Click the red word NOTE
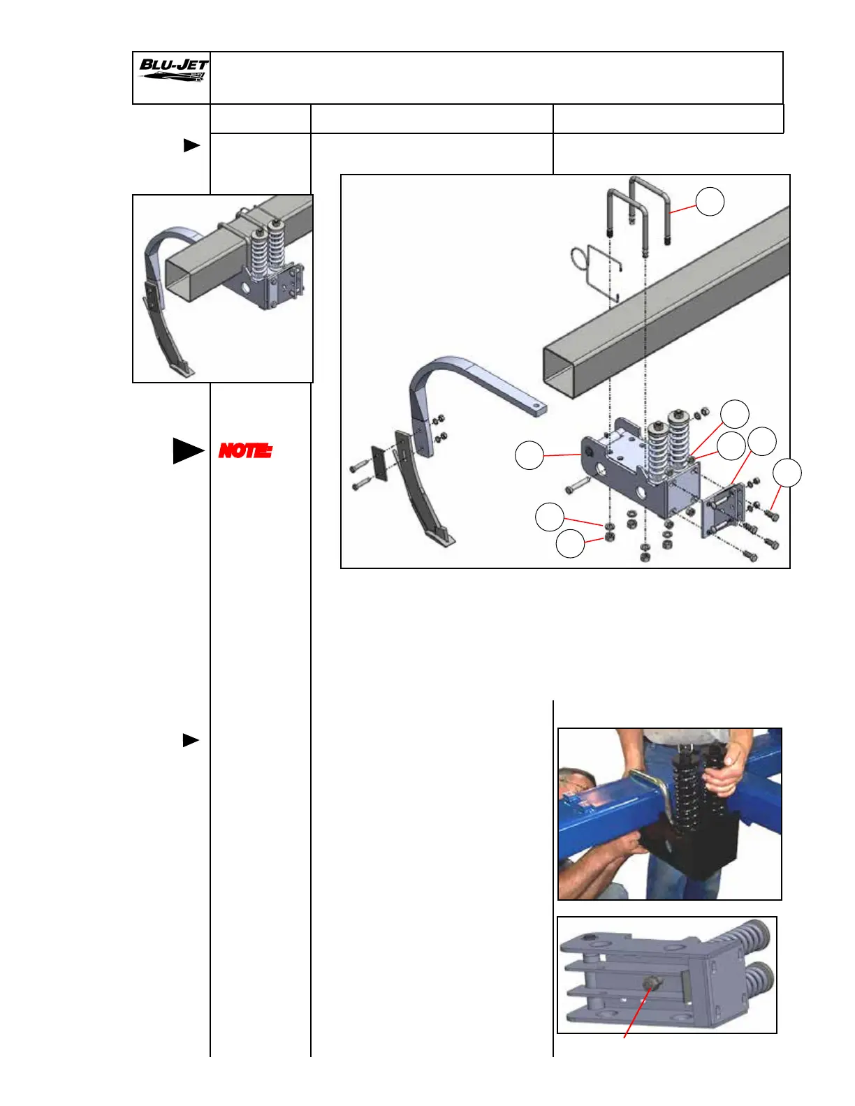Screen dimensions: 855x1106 pos(245,451)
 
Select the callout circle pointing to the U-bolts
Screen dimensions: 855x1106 pos(710,202)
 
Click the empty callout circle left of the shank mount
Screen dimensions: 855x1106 pos(529,455)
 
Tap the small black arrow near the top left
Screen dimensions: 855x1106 pos(191,146)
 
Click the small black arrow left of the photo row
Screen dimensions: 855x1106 pos(191,740)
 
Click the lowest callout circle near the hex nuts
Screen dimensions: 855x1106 pos(570,544)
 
